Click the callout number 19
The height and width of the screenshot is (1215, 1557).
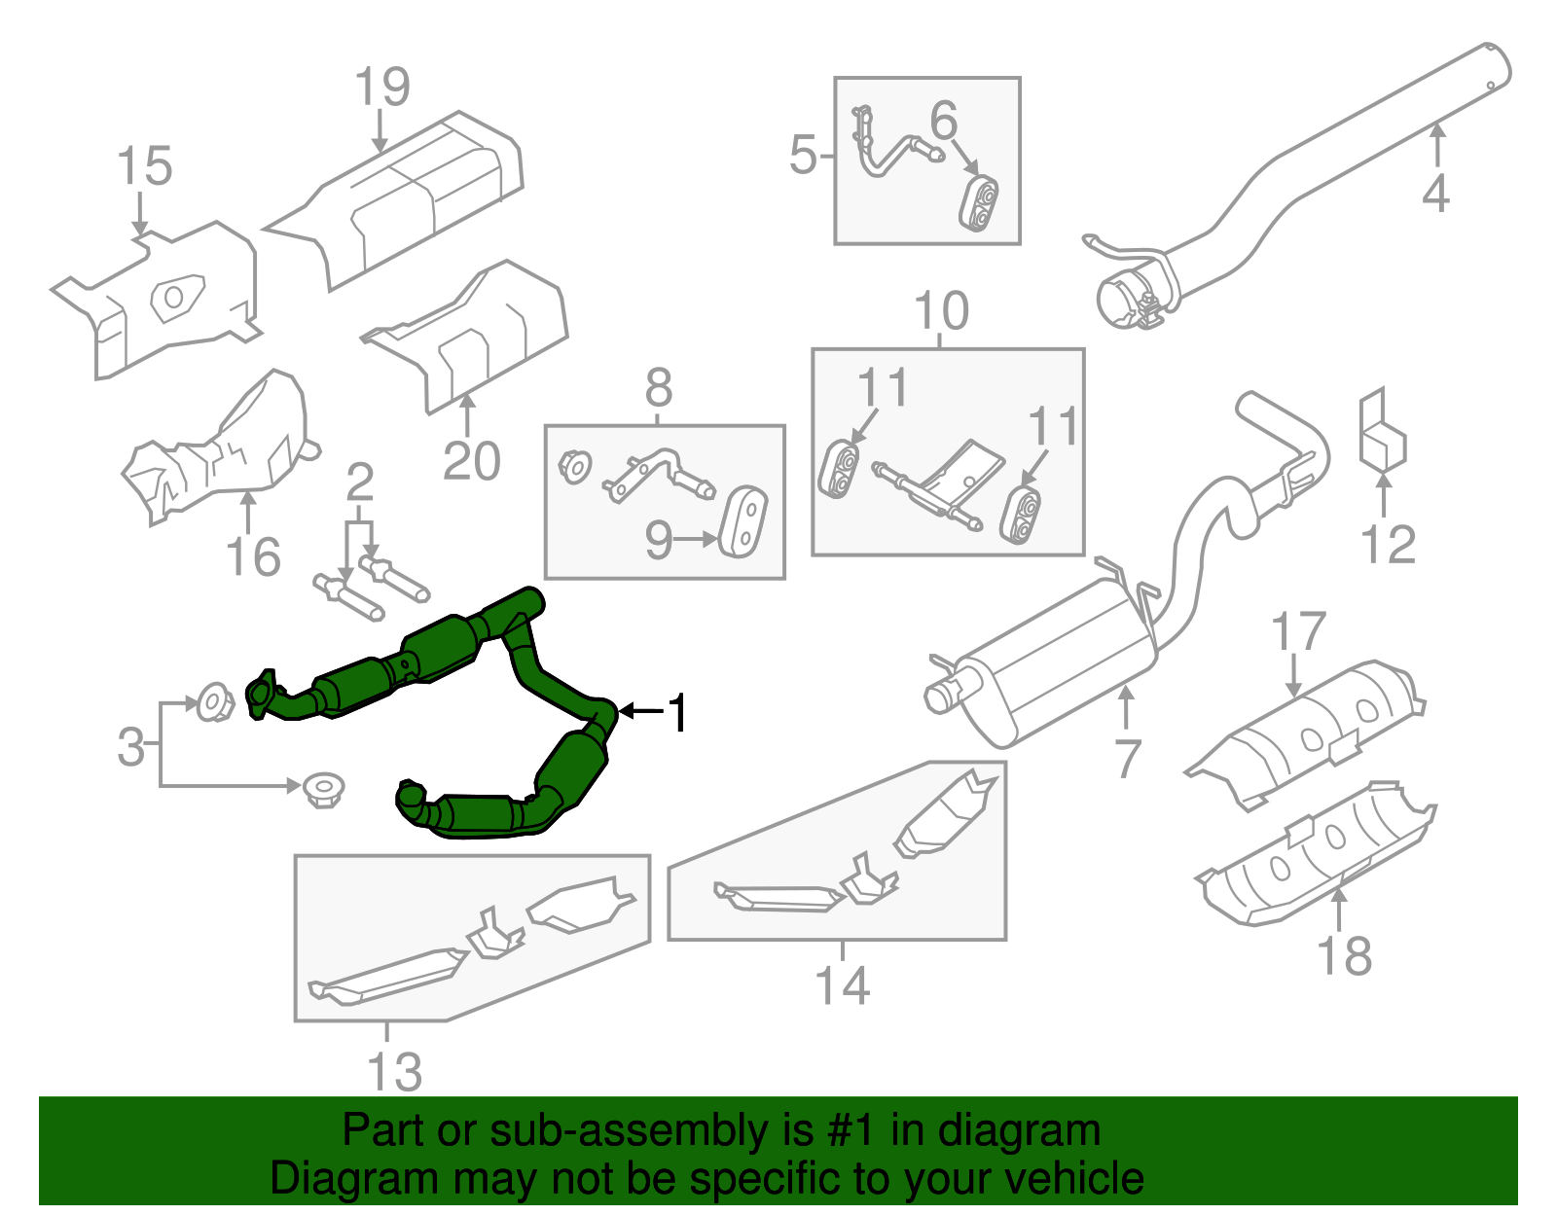coord(382,87)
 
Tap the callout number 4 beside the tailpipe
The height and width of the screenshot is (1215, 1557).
coord(1435,193)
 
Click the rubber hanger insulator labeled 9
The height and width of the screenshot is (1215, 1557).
coord(742,521)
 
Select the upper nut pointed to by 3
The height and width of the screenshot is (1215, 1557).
coord(213,701)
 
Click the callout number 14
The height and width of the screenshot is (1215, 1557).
coord(842,985)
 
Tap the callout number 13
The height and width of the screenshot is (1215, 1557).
coord(394,1072)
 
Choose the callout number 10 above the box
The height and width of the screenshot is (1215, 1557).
coord(941,311)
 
